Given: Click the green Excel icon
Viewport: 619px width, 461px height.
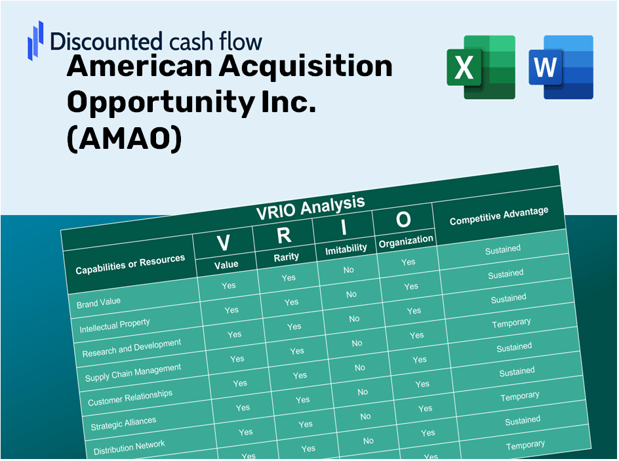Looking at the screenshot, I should [x=481, y=68].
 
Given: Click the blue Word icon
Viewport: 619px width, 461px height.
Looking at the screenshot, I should [x=561, y=68].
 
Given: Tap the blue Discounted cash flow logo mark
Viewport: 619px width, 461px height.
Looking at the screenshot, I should [x=35, y=39].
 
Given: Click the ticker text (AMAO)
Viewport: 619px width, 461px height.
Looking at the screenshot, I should [x=125, y=140].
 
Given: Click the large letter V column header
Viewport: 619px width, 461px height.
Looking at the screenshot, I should [x=223, y=243].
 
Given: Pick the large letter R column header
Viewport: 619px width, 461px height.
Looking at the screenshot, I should [x=284, y=235].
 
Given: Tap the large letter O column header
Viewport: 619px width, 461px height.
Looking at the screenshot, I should [x=403, y=220].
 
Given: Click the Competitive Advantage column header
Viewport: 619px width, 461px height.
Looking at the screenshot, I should [x=499, y=217].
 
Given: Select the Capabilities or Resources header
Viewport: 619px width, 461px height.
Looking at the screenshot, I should [x=130, y=265].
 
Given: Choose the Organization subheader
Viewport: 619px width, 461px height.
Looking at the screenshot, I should [x=406, y=241].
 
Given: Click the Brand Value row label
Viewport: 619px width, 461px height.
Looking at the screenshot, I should [x=98, y=303].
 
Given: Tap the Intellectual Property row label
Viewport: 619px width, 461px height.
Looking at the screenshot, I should [x=115, y=326].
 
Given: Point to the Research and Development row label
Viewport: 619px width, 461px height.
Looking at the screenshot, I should [x=131, y=348].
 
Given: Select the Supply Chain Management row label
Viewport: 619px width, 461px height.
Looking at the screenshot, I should [x=133, y=373].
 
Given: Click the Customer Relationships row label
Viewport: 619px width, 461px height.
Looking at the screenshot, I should [x=130, y=398].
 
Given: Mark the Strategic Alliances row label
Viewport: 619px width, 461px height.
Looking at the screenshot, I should [x=123, y=424].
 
